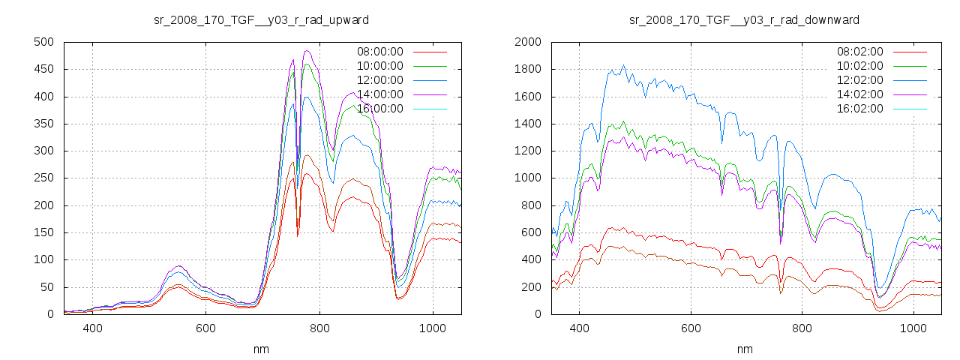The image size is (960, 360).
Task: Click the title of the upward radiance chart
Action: click(x=261, y=19)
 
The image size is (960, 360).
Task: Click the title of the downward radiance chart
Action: click(x=744, y=19)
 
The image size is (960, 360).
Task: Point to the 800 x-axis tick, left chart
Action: click(x=319, y=328)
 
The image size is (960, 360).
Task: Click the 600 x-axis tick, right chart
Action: click(x=691, y=328)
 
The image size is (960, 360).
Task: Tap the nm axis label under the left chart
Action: click(x=261, y=349)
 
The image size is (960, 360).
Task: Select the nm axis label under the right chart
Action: click(x=744, y=349)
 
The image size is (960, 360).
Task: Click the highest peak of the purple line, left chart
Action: click(x=306, y=51)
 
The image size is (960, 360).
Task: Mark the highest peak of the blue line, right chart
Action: click(x=623, y=65)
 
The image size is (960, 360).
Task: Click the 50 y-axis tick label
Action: click(x=47, y=287)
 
